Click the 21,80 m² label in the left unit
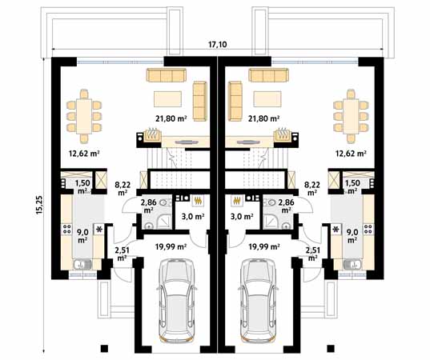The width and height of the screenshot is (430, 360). click(171, 118)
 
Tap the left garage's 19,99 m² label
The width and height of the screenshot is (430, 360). click(172, 247)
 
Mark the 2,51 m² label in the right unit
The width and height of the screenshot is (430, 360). click(312, 254)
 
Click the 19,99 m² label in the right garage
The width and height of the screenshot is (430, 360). click(263, 247)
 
